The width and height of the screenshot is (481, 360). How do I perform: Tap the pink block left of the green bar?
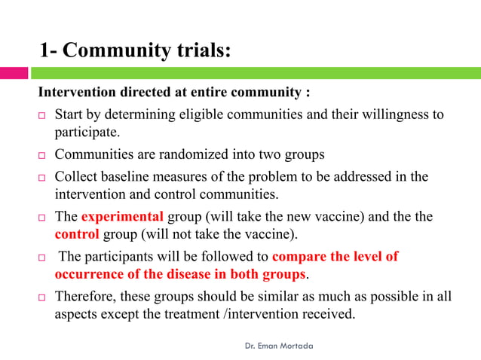pos(14,73)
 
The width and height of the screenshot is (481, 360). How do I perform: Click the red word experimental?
pos(122,216)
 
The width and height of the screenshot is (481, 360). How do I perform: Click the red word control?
pos(77,233)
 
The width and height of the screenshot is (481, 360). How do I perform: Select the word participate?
pos(86,133)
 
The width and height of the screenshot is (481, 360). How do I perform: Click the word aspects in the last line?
pos(78,314)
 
